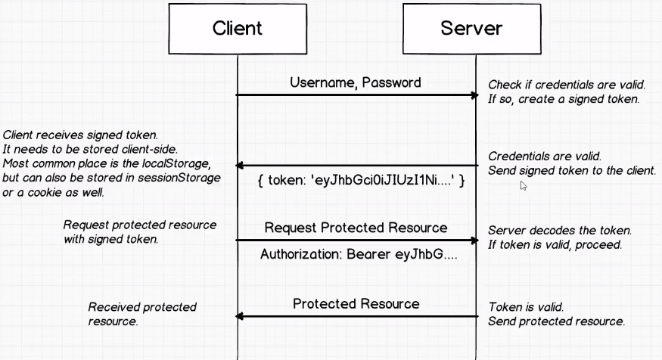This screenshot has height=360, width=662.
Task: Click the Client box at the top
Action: coord(237,29)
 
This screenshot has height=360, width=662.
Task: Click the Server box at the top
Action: coord(471,29)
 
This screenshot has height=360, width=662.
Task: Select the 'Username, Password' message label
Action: coord(356,82)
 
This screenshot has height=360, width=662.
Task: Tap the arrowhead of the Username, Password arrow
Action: coord(474,95)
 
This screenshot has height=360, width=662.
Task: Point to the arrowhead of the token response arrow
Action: coord(241,166)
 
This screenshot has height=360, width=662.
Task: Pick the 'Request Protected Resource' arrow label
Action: coord(356,228)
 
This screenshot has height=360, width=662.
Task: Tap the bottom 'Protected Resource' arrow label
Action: coord(356,303)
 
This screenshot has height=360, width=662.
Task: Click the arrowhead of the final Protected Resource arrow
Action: coord(241,315)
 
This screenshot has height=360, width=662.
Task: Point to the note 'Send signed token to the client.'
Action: coord(572,171)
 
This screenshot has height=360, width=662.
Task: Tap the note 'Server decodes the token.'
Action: coord(560,230)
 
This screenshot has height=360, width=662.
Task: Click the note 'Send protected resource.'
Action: coord(556,321)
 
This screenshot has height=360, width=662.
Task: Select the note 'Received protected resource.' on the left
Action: coord(142,314)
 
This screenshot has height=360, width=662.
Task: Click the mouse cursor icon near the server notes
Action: coord(524,185)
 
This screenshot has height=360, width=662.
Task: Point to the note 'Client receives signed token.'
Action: coord(80,135)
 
